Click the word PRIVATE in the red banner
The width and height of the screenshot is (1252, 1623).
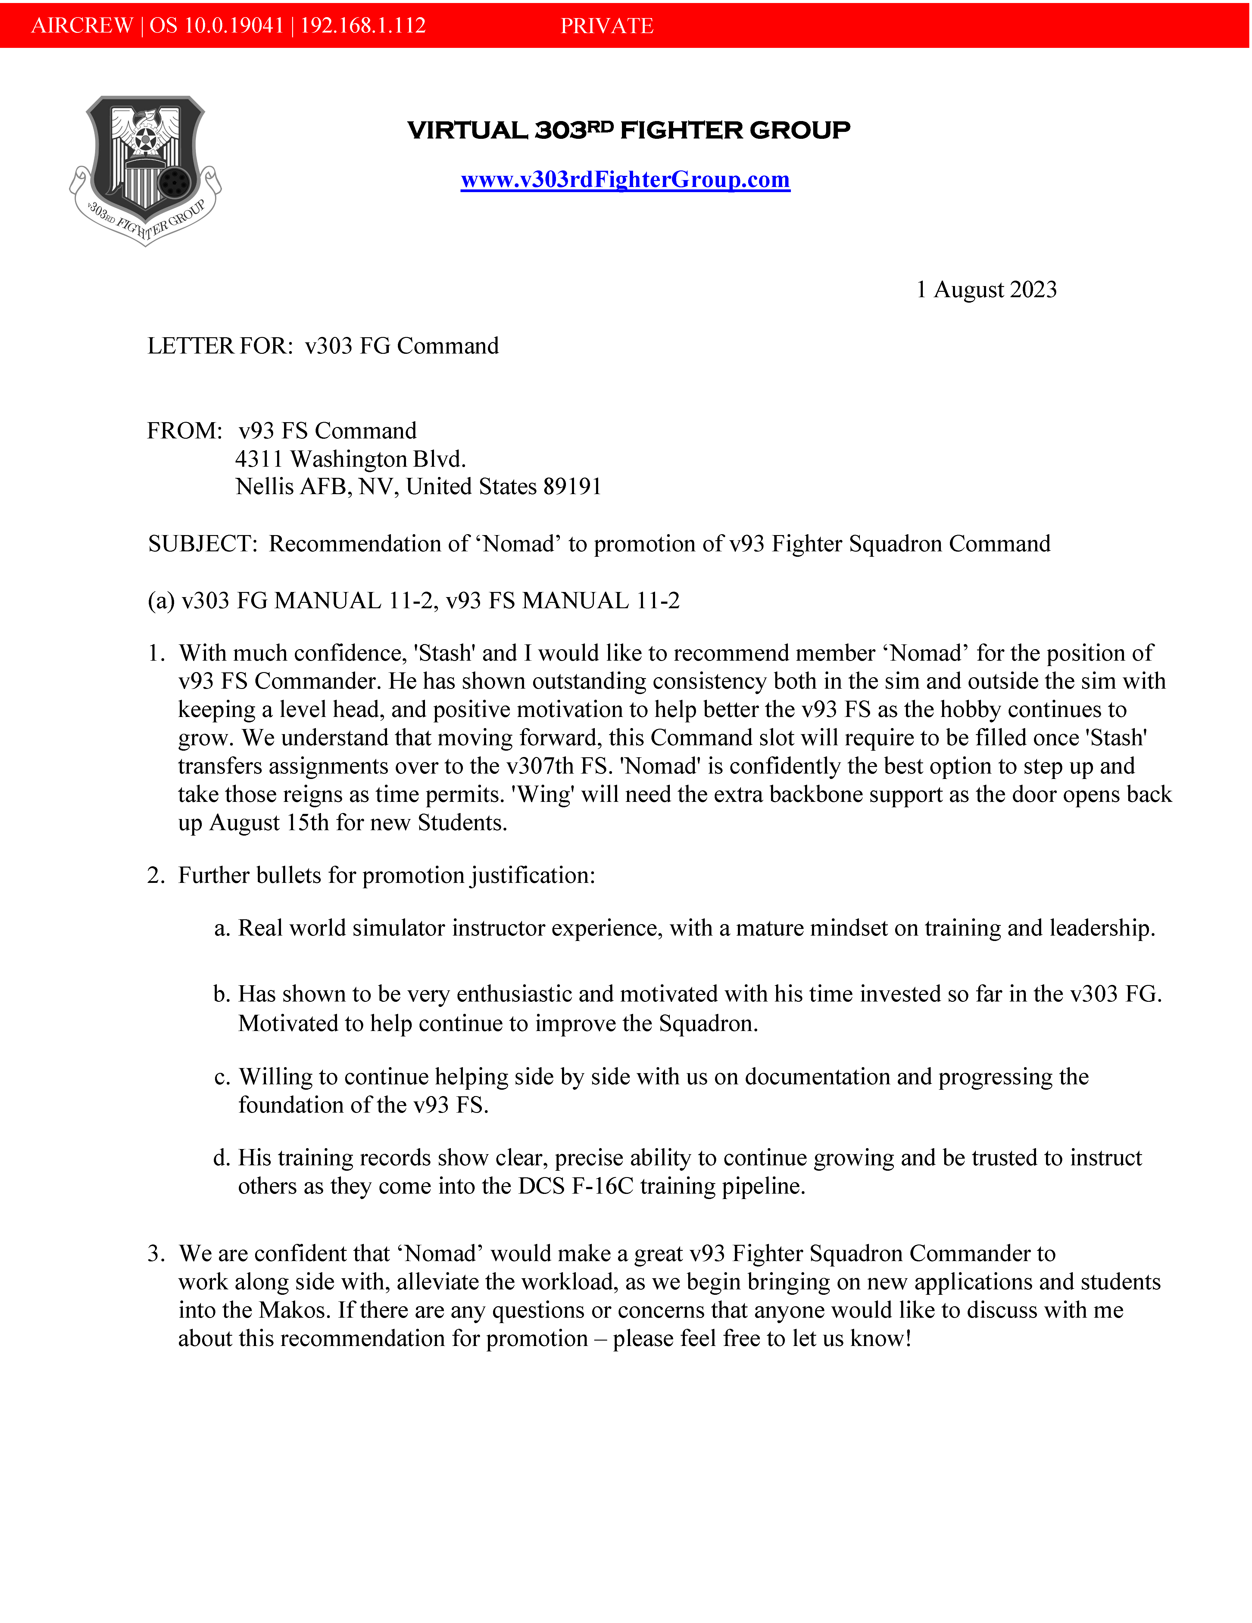coord(607,26)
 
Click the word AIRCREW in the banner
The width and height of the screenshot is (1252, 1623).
coord(82,26)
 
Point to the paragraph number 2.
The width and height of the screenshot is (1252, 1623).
coord(155,875)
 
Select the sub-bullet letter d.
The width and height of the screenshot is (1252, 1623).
coord(221,1158)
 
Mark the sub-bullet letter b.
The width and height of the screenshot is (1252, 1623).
coord(221,994)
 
